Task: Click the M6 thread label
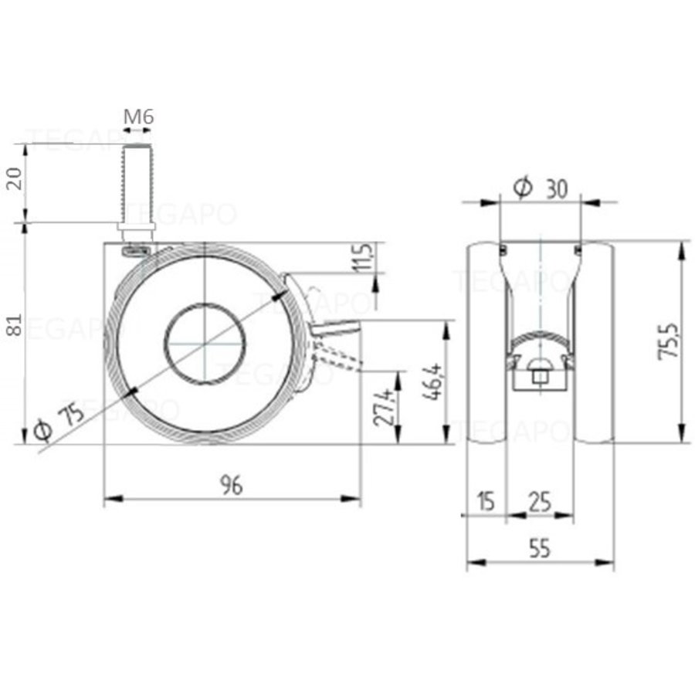tap(139, 117)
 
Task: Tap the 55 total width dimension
tap(540, 548)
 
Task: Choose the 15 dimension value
tap(485, 503)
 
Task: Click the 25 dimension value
tap(540, 503)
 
